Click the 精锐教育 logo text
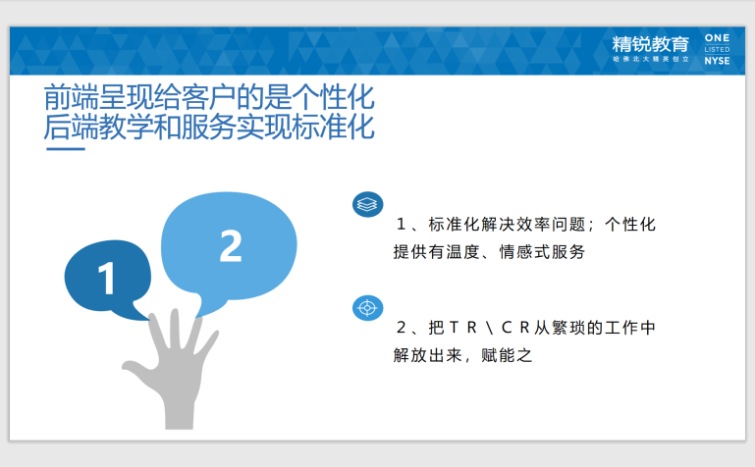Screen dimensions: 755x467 coord(651,44)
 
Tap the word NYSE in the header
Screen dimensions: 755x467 coord(717,61)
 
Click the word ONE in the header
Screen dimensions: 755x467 coord(717,38)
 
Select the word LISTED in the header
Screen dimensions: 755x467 coord(717,49)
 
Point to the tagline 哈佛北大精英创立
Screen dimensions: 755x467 coord(651,59)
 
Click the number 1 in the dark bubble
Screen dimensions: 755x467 coord(106,278)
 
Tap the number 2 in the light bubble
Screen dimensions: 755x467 coord(231,246)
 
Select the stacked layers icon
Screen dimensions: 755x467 coord(368,204)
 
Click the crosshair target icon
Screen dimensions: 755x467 coord(368,308)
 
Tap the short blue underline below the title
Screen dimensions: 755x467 coord(66,149)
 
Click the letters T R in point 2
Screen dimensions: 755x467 coord(462,328)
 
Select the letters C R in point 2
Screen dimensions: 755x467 coord(515,328)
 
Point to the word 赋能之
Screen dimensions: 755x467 coord(507,355)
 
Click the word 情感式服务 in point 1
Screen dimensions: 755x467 coord(542,251)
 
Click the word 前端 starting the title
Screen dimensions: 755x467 coord(72,98)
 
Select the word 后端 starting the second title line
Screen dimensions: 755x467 coord(72,127)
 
